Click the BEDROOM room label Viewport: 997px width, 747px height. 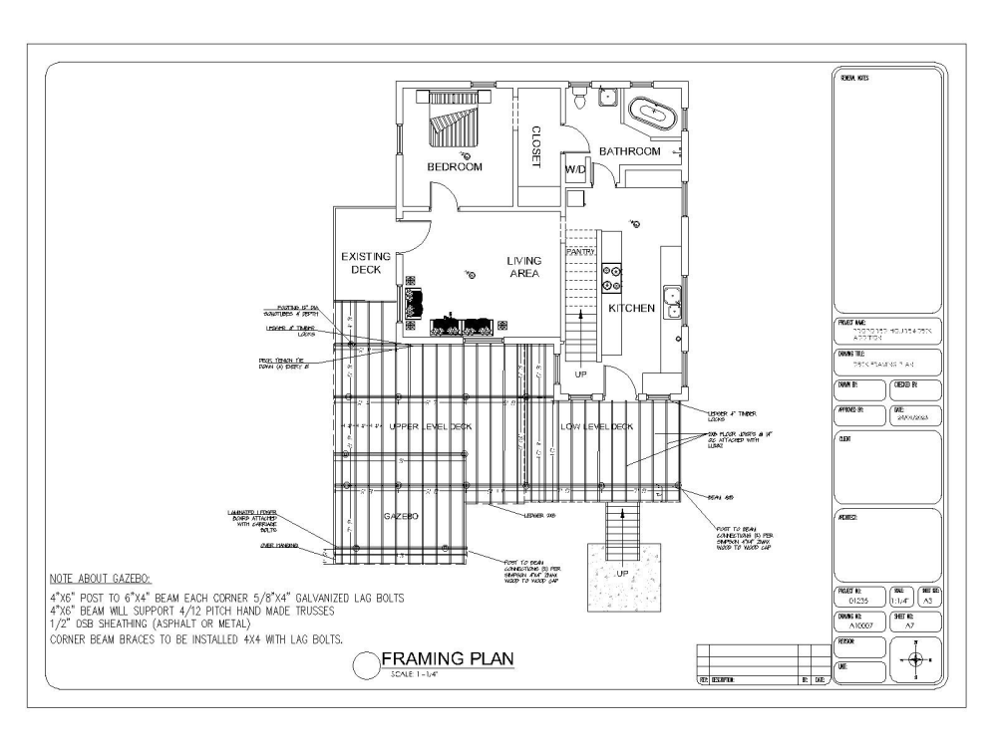coord(455,167)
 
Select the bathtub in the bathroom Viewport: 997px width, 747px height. coord(655,114)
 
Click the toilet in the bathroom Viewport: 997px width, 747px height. coord(577,99)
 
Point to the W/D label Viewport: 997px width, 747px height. coord(576,170)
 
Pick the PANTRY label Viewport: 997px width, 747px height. coord(580,252)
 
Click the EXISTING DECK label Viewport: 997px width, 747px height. coord(365,263)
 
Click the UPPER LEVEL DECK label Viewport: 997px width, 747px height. coord(431,426)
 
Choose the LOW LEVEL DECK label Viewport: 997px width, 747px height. coord(594,426)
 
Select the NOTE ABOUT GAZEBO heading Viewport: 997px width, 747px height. coord(98,579)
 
